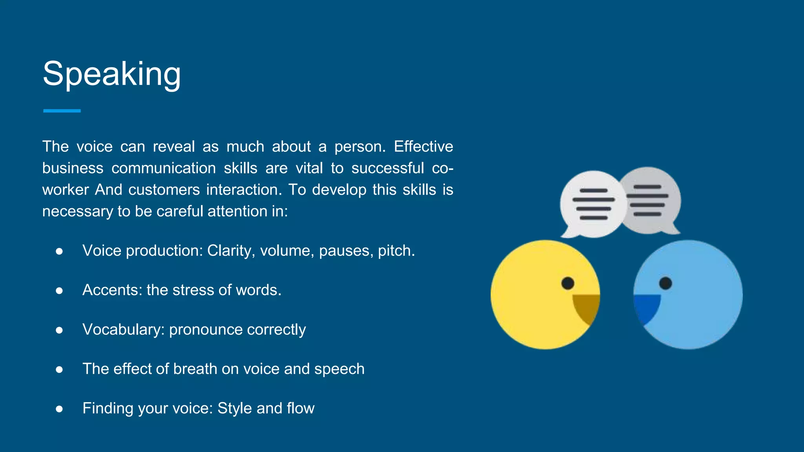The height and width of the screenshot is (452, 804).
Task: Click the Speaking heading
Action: [112, 74]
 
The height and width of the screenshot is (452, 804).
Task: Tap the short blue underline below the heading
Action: [62, 111]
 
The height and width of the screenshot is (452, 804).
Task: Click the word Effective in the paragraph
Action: [423, 146]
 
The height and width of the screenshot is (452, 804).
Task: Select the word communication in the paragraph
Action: [164, 168]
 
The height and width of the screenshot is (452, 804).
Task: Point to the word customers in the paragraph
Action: [164, 190]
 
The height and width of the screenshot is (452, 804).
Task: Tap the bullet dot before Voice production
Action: [59, 251]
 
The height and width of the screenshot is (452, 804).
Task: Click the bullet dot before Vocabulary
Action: [59, 330]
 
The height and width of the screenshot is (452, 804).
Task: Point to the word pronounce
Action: [206, 330]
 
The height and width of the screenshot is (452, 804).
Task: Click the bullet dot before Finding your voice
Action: [59, 409]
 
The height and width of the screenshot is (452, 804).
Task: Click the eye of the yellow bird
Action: [568, 283]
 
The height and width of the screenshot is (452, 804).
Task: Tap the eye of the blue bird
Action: [665, 283]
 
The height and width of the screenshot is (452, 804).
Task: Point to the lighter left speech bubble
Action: [591, 204]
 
